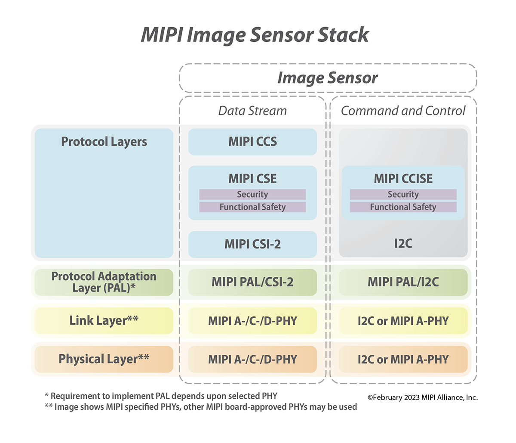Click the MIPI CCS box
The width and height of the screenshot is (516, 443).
tap(252, 142)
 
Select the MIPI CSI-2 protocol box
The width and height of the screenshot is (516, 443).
tap(252, 244)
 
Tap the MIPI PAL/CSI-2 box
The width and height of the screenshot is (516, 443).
tap(252, 282)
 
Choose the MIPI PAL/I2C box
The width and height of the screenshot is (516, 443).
tap(403, 282)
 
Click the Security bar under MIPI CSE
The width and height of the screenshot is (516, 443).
tap(252, 195)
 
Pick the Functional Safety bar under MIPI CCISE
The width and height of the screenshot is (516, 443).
tap(403, 207)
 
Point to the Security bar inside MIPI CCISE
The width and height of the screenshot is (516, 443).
tap(403, 195)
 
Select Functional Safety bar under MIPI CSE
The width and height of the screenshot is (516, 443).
tap(252, 207)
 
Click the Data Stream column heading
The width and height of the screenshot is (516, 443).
tap(252, 111)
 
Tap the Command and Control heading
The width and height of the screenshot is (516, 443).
tap(403, 111)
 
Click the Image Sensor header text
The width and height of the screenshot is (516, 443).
tap(328, 78)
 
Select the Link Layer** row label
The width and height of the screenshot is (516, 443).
tap(104, 320)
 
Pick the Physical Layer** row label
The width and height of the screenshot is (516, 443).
tap(104, 359)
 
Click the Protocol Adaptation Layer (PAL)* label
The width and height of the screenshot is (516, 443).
tap(104, 282)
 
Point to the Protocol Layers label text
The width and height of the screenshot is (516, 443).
tap(104, 142)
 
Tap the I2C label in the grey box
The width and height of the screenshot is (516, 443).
tap(403, 244)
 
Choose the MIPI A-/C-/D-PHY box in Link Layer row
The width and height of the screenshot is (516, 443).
tap(252, 321)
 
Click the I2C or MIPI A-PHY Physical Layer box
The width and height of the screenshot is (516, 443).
tap(403, 359)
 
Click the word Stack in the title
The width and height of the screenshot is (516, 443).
tap(343, 35)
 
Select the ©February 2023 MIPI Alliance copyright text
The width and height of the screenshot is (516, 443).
tap(423, 397)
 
